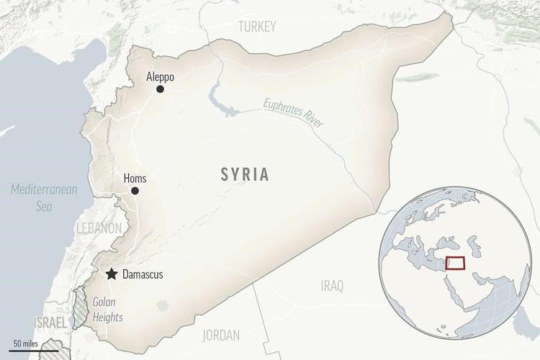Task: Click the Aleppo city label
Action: pos(160,76)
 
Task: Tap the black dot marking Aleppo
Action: pos(160,89)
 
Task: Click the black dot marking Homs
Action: pos(135,191)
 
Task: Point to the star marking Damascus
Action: pos(112,274)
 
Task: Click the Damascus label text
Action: pos(143,274)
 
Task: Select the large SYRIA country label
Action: pos(246,174)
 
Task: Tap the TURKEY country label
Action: pos(257,27)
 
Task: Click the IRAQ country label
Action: pos(332,286)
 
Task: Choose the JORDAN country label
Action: pos(222,335)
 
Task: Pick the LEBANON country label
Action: pos(99,228)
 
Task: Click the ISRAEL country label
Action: pos(50,322)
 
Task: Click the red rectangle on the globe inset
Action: pos(455,263)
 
